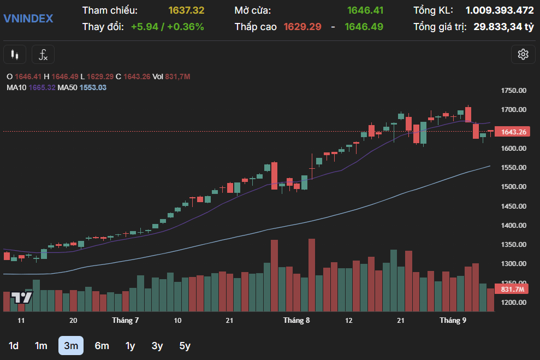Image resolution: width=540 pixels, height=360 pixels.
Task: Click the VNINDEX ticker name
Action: pos(28,18)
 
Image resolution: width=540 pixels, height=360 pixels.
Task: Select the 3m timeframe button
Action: pos(71,346)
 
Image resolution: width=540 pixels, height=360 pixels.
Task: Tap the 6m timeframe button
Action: pos(102,346)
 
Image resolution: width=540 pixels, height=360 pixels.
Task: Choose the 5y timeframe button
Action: pos(185,346)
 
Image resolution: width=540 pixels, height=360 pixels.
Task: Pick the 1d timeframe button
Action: pos(14,346)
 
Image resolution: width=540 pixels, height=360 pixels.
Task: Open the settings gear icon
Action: pos(523,55)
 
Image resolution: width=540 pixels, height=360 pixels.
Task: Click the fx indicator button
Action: pos(43,55)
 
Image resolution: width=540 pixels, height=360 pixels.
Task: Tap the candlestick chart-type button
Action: pos(15,55)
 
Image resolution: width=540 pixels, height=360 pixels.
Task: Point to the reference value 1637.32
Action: pos(186,10)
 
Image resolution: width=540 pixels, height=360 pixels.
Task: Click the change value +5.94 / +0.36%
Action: pos(168,27)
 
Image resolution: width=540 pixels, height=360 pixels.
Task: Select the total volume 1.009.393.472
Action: pos(500,10)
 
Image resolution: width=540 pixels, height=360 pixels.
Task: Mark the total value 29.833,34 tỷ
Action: pos(504,27)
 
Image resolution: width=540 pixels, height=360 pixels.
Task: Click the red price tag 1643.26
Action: pos(513,132)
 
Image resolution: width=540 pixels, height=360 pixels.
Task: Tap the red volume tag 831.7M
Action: pos(512,289)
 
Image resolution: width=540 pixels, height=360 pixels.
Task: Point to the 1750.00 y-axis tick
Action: pos(513,90)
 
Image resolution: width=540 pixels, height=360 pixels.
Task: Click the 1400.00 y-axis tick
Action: pos(513,225)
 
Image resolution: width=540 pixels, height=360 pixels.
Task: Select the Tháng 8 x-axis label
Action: pos(296,320)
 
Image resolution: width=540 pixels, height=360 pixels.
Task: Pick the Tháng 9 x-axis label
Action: pos(453,320)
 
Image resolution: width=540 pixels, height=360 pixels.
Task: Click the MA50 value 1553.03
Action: pos(93,87)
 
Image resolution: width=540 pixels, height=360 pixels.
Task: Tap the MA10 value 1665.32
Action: pos(42,87)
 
